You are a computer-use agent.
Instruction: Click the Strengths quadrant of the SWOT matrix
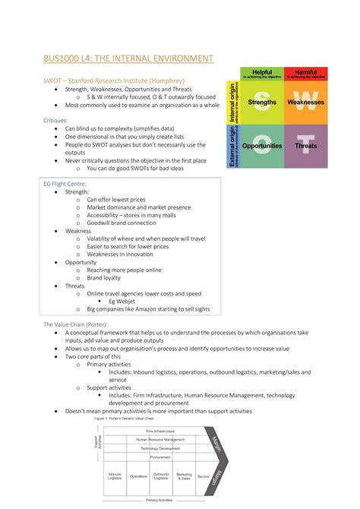tap(262, 102)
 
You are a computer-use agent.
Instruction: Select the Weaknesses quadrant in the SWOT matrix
tap(306, 102)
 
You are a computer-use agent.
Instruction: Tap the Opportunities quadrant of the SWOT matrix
tap(262, 146)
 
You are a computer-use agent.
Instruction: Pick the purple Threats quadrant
tap(306, 146)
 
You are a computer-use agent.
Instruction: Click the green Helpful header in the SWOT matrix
tap(262, 74)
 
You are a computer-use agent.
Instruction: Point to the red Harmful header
tap(306, 74)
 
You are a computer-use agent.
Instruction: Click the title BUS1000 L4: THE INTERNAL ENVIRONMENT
tap(128, 58)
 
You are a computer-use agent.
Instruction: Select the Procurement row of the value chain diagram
tap(159, 457)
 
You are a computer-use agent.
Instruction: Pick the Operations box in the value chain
tap(138, 476)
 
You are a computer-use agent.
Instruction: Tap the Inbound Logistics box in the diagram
tap(115, 476)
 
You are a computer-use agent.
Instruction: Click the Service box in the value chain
tap(203, 476)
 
